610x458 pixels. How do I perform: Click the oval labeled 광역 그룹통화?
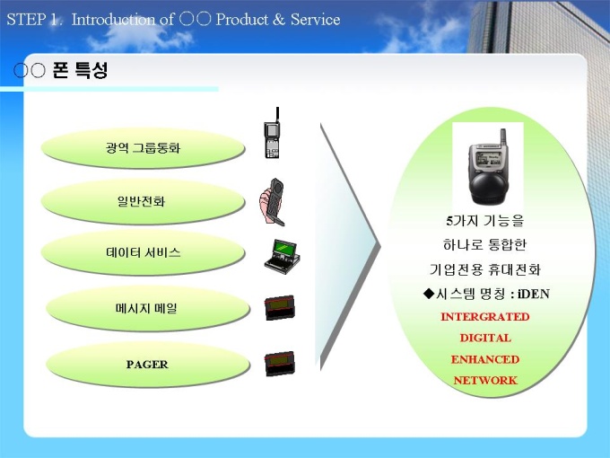pos(143,148)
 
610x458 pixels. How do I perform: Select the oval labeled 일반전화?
pos(143,201)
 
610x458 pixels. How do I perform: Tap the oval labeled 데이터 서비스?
pos(143,252)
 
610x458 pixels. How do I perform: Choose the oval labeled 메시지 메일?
pos(147,308)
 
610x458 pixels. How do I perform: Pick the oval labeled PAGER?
pos(147,364)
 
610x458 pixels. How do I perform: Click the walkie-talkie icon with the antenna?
pos(273,133)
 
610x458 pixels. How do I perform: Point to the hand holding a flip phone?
pos(272,202)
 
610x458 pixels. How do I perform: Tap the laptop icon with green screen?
pos(282,257)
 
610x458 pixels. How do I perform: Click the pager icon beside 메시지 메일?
pos(279,308)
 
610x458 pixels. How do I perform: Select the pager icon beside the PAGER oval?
pos(279,364)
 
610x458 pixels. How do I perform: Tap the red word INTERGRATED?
pos(485,317)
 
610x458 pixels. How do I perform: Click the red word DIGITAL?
pos(485,338)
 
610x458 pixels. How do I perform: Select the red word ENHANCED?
pos(485,359)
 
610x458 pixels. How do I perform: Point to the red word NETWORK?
pos(485,380)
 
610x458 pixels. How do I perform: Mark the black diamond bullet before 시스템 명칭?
pos(428,294)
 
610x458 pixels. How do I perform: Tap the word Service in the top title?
pos(316,20)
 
